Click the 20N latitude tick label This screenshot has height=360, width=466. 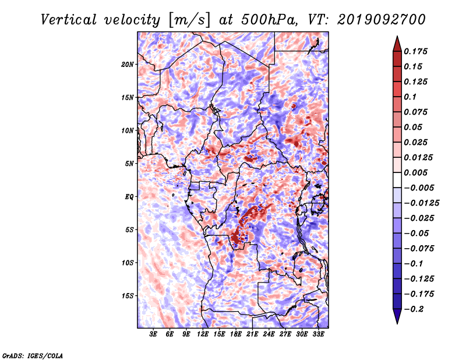(x=128, y=65)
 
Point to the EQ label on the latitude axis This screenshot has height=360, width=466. (x=129, y=197)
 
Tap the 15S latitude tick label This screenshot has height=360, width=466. (x=128, y=296)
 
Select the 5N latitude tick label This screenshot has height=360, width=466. (x=129, y=164)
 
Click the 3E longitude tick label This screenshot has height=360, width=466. (x=153, y=334)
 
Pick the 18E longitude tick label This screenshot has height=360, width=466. (x=236, y=334)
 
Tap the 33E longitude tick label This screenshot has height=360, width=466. (x=318, y=334)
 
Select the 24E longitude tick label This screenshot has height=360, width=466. (x=269, y=334)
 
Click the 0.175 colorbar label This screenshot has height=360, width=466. (x=415, y=51)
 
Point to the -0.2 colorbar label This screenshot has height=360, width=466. (x=414, y=309)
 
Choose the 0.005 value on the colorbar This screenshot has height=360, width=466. (x=415, y=172)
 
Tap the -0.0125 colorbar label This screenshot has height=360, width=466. (x=421, y=203)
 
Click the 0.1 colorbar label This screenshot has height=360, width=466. (x=410, y=97)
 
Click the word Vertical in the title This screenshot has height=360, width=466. (x=69, y=20)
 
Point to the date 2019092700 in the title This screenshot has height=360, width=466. (x=382, y=20)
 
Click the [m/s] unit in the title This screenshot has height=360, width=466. (x=189, y=20)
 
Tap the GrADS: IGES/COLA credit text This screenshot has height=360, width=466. (x=33, y=355)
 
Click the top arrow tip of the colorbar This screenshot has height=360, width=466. (x=397, y=36)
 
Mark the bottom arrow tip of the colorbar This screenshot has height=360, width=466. (x=397, y=324)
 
